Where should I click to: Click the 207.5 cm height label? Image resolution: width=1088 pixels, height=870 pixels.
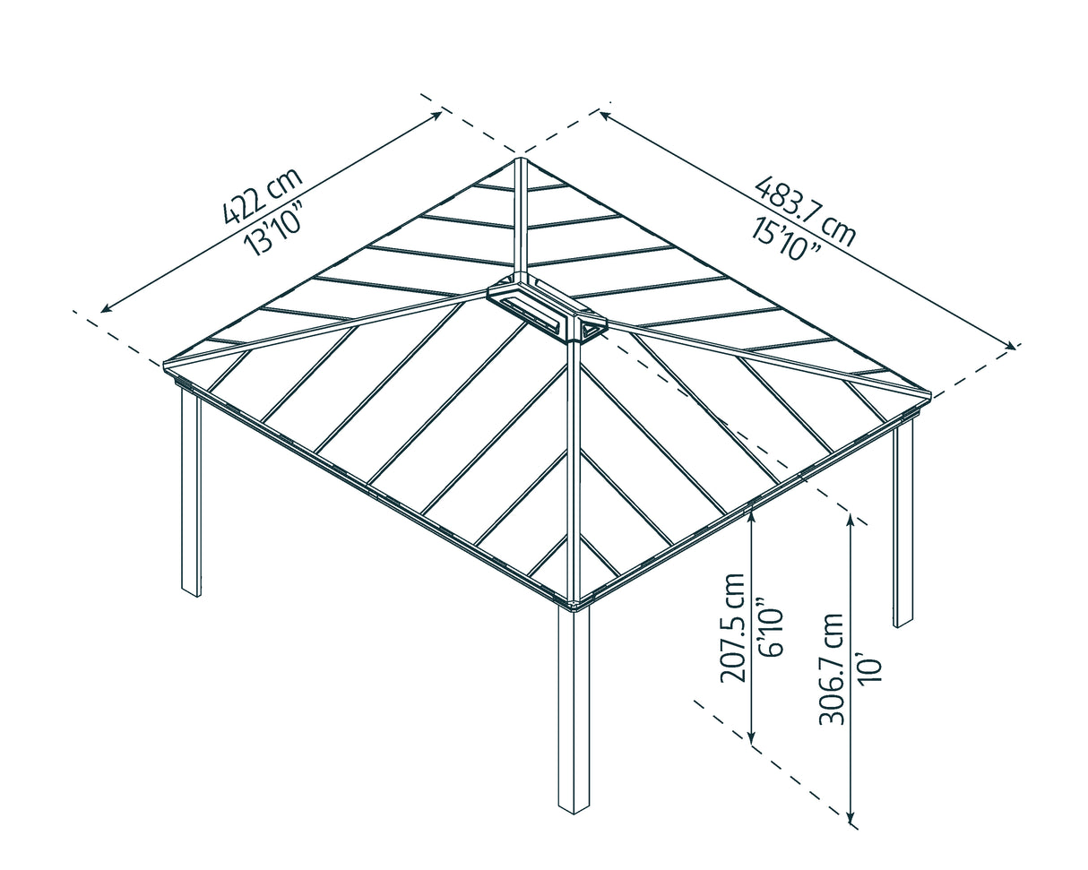point(733,627)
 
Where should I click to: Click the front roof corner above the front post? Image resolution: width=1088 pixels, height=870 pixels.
point(574,602)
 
